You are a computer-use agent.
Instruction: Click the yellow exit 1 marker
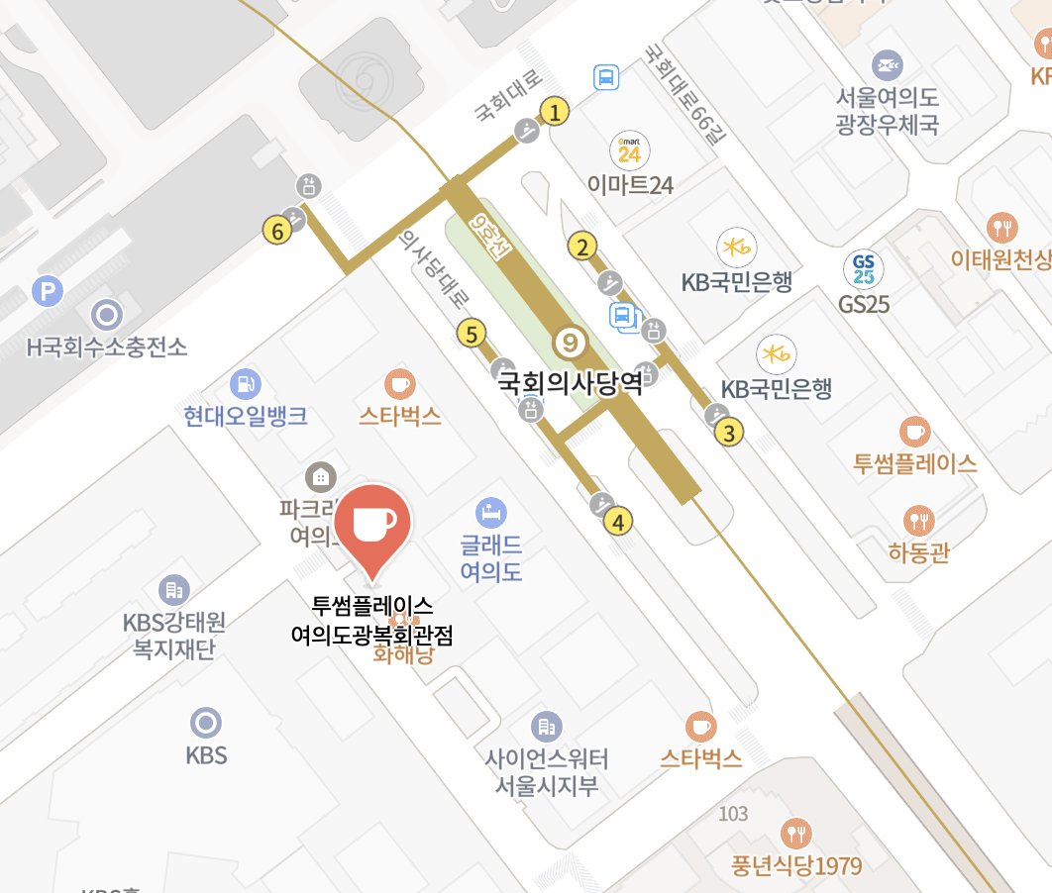click(x=556, y=112)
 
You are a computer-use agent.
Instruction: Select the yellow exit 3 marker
click(x=729, y=433)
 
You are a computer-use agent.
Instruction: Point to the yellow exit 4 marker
click(x=619, y=521)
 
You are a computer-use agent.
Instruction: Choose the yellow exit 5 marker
click(x=472, y=335)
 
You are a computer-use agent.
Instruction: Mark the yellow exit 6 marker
click(x=277, y=232)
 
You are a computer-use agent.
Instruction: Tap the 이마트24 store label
click(x=630, y=184)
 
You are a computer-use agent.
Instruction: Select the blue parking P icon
click(x=46, y=291)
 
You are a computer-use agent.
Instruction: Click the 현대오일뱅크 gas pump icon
click(x=244, y=383)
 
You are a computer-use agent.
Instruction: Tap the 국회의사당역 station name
click(x=570, y=383)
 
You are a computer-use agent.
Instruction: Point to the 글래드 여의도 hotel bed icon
click(x=490, y=512)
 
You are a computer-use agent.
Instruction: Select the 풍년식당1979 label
click(x=797, y=864)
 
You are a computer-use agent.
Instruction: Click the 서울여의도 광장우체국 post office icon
click(x=887, y=65)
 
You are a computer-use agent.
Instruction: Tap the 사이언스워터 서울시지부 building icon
click(x=546, y=728)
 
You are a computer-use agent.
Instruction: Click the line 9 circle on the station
click(x=570, y=344)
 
